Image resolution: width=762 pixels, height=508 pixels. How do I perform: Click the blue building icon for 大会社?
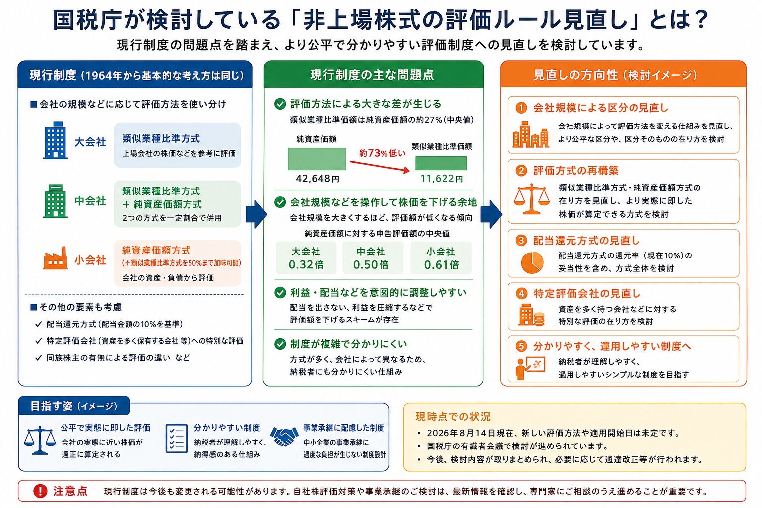(x=55, y=140)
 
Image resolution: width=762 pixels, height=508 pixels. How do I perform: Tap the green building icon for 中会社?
(x=55, y=201)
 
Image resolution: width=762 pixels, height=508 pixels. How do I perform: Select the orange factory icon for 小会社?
(x=55, y=258)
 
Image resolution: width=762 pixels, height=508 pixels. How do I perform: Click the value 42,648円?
(x=317, y=178)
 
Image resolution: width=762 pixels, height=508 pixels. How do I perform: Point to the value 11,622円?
(x=441, y=178)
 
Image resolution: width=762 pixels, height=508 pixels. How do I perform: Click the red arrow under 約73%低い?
(x=380, y=166)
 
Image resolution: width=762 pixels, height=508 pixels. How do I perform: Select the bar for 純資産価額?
(x=317, y=159)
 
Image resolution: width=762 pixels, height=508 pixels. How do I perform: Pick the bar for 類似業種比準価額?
(x=441, y=163)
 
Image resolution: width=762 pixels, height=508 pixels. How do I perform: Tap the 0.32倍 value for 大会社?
(x=306, y=264)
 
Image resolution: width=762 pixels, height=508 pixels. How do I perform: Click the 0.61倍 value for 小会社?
(x=441, y=264)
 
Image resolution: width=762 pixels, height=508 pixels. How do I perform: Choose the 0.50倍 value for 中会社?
(x=371, y=264)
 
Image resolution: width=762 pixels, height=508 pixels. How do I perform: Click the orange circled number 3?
(x=521, y=240)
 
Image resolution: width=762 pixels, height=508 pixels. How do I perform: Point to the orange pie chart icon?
(x=532, y=262)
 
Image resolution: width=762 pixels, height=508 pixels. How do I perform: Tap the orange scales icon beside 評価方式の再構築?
(x=532, y=199)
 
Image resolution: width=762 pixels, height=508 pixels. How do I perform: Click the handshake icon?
(x=284, y=437)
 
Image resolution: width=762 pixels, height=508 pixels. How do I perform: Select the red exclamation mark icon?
(x=40, y=491)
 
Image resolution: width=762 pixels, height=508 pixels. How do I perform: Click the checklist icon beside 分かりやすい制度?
(x=177, y=438)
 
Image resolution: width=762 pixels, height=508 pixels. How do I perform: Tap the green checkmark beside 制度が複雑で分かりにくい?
(x=280, y=344)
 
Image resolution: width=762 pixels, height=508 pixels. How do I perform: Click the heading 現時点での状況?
(x=453, y=417)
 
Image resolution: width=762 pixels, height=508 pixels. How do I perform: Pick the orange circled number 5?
(x=521, y=346)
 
